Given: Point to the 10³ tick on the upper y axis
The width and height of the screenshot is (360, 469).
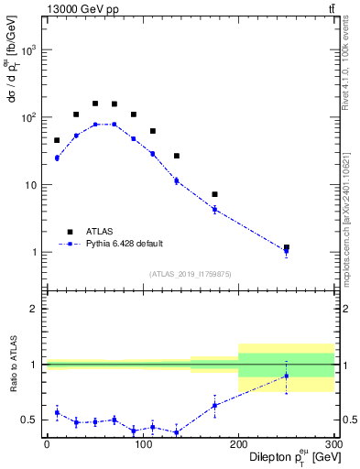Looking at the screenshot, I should pyautogui.click(x=33, y=50).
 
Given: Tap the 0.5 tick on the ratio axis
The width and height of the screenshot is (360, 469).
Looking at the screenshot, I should pyautogui.click(x=33, y=420).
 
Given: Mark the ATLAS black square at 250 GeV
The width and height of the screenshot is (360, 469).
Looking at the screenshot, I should pyautogui.click(x=287, y=247).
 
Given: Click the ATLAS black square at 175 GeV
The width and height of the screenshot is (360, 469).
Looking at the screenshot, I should pyautogui.click(x=214, y=194).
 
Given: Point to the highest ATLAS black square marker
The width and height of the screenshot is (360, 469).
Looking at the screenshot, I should pyautogui.click(x=95, y=104).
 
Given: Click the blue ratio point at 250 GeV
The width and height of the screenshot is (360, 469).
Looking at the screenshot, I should pyautogui.click(x=287, y=376).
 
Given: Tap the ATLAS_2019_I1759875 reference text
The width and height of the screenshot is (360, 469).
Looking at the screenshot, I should pyautogui.click(x=190, y=274).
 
